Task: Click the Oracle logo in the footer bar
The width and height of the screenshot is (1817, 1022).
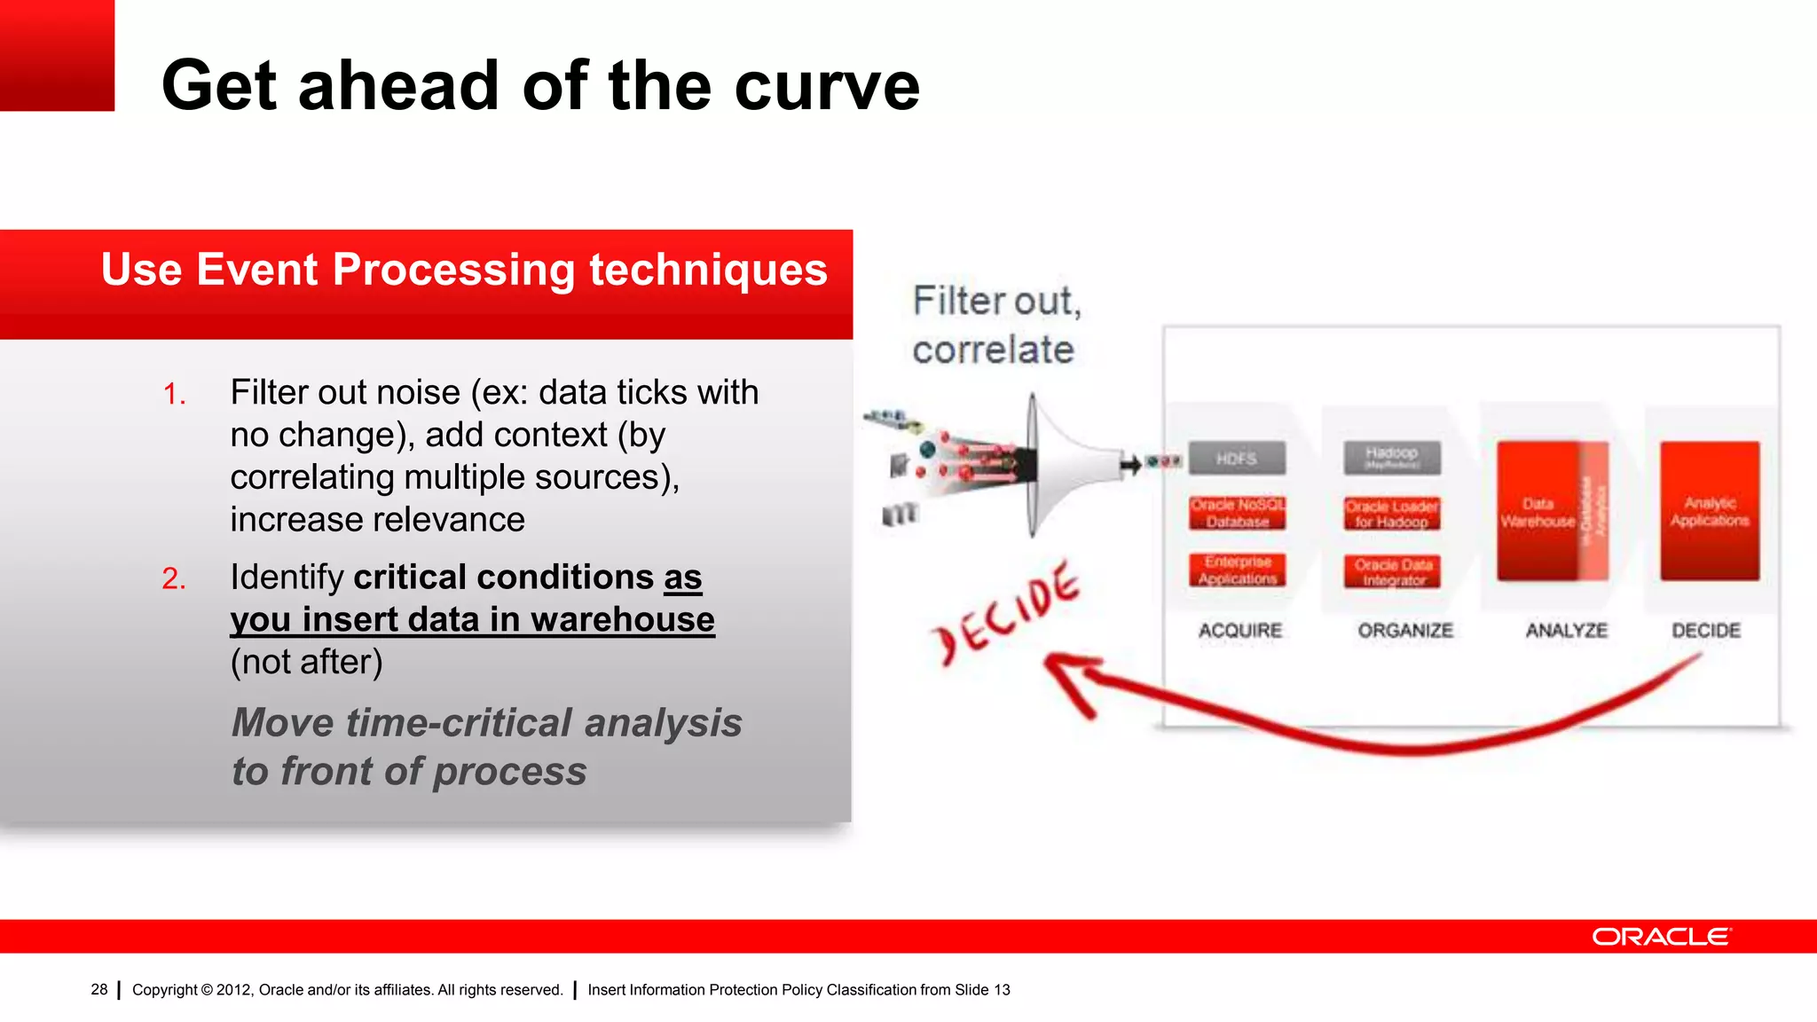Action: tap(1661, 937)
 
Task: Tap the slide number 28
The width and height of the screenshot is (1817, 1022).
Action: tap(98, 989)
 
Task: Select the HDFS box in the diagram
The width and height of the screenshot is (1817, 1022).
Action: tap(1237, 459)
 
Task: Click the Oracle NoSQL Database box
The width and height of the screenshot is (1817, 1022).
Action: tap(1237, 513)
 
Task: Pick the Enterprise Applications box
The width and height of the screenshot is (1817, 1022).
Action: tap(1237, 570)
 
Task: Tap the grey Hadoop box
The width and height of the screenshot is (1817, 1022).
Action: tap(1391, 458)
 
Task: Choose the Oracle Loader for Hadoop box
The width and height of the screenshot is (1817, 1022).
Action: tap(1391, 514)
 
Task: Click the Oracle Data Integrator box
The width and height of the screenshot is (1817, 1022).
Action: tap(1391, 571)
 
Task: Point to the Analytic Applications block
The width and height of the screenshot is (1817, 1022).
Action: tap(1710, 512)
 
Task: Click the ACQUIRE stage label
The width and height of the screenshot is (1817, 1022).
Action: tap(1239, 631)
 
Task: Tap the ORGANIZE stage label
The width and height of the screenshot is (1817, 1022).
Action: tap(1405, 631)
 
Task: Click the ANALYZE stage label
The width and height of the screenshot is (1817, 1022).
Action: tap(1566, 631)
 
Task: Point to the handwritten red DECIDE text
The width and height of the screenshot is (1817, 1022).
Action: tap(1005, 611)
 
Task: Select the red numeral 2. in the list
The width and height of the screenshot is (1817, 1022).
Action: tap(174, 578)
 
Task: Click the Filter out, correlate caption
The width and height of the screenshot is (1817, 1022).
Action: tap(995, 325)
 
